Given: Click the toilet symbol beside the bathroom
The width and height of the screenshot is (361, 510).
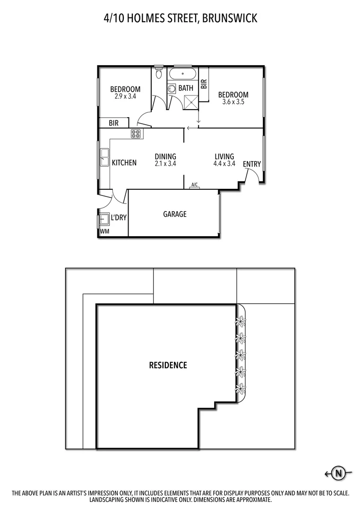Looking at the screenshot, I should click(x=159, y=73).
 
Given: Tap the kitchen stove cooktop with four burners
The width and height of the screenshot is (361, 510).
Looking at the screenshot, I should click(x=137, y=134).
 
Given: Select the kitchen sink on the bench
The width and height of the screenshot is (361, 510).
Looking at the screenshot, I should click(x=104, y=158).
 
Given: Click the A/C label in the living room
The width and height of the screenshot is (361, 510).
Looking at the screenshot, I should click(x=194, y=185).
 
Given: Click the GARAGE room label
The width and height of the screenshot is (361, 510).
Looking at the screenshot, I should click(x=175, y=214).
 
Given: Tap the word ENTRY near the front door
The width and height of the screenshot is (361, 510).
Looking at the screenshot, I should click(x=252, y=164).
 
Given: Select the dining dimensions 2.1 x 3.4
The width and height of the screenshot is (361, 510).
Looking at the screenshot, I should click(x=165, y=164).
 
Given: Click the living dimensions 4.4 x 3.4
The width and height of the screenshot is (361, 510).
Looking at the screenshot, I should click(x=224, y=164).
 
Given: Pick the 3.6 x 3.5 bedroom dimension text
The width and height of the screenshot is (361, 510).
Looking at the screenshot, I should click(x=233, y=102).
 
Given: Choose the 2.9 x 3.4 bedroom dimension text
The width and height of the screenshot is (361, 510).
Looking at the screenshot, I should click(x=125, y=96).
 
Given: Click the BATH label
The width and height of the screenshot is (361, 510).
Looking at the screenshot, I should click(x=186, y=88).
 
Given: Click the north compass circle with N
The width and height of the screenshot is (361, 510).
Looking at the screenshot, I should click(x=338, y=473).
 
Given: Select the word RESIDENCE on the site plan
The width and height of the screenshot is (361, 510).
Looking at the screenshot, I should click(x=168, y=365).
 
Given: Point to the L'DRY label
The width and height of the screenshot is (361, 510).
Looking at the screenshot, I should click(x=119, y=218).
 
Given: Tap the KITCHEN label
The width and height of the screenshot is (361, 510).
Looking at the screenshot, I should click(x=124, y=163).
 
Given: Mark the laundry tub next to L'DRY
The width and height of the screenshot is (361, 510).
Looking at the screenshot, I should click(x=104, y=219).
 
